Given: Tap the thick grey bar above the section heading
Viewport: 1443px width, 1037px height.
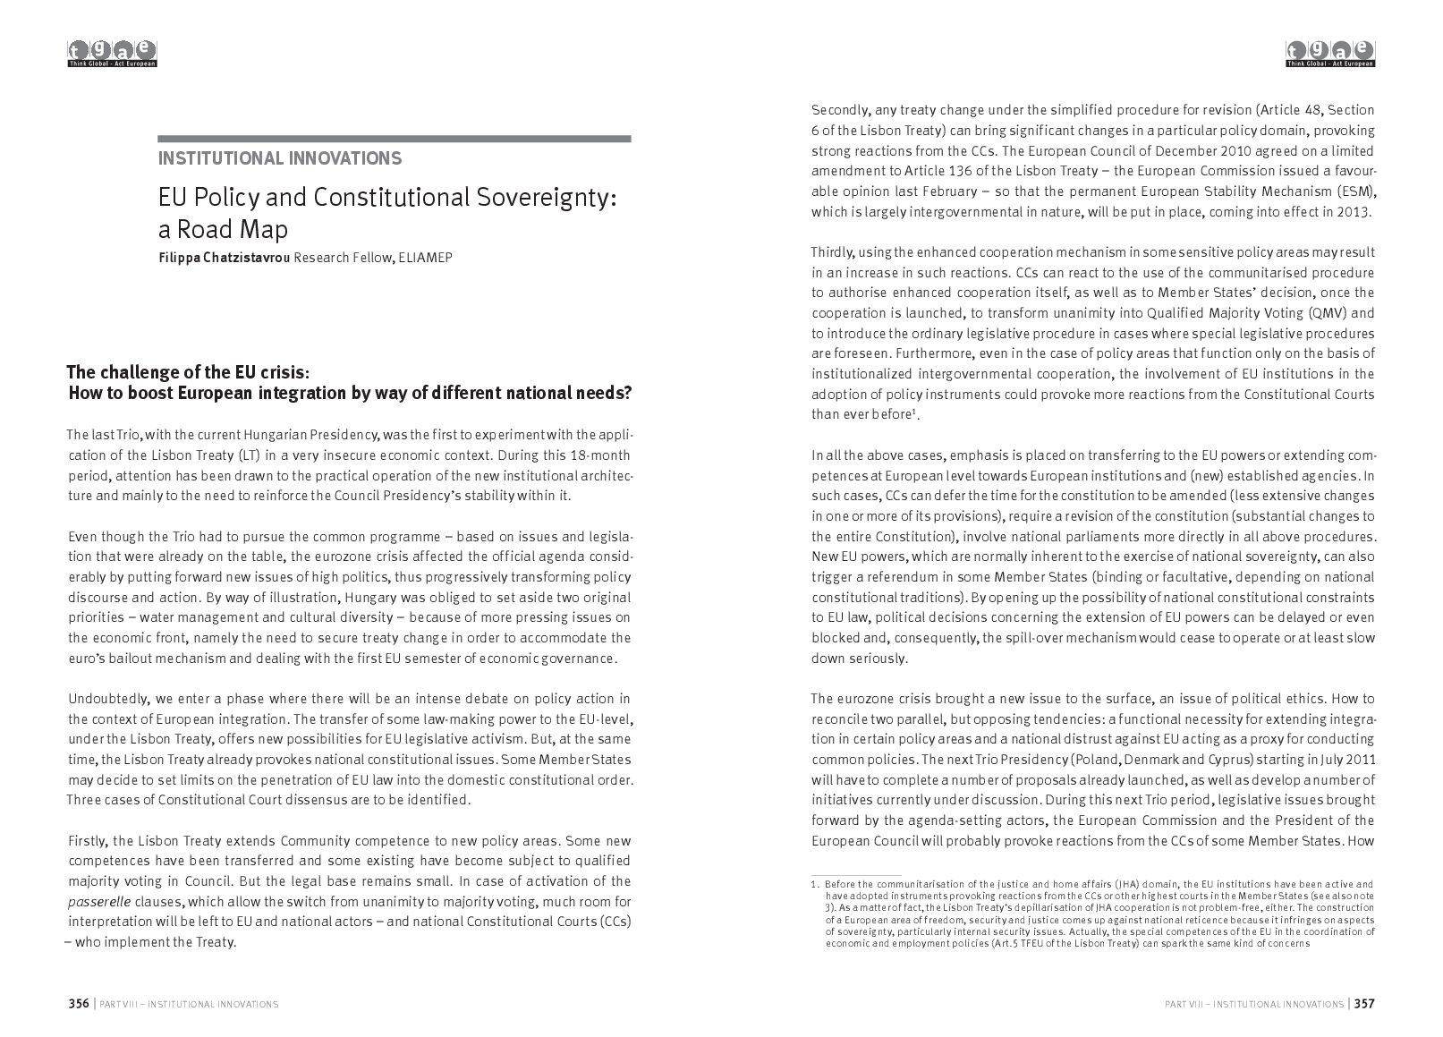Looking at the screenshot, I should (394, 139).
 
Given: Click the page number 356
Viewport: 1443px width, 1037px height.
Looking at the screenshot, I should (79, 1003).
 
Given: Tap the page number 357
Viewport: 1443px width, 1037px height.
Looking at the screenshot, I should (1364, 1003).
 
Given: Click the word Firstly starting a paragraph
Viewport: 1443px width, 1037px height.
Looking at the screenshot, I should (88, 840).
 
